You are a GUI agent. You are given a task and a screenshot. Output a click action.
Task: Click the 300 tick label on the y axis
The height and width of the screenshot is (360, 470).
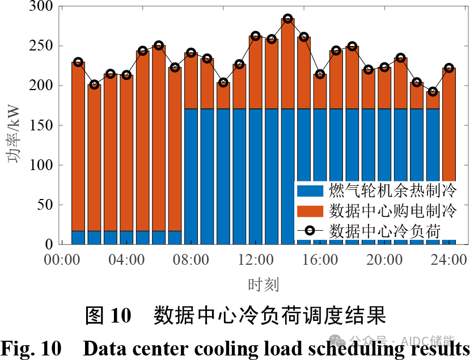[41, 7]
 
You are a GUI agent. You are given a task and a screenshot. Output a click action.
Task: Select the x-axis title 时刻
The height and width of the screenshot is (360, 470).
[263, 283]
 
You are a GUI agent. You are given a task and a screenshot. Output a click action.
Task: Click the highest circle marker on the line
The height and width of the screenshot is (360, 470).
[287, 19]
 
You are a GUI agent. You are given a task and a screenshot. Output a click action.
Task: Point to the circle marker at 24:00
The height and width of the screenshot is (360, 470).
[448, 68]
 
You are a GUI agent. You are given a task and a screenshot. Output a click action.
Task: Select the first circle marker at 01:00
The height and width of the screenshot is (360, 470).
[78, 62]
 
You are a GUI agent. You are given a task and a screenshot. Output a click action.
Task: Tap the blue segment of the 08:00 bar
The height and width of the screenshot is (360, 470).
[191, 170]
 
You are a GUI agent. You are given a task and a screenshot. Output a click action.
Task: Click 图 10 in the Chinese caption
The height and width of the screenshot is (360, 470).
[108, 316]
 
